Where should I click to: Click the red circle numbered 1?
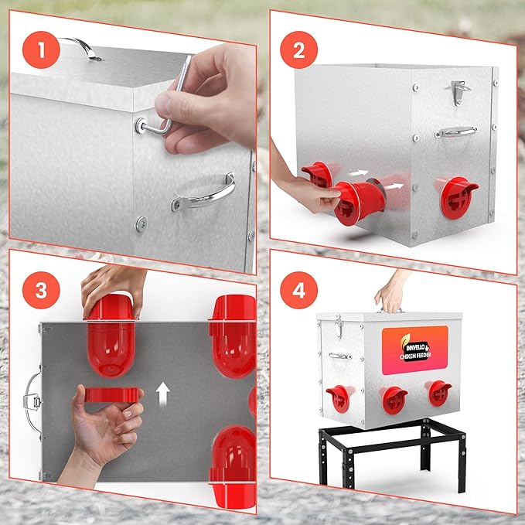41,50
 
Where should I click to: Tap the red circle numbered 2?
298,50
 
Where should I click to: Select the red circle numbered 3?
41,290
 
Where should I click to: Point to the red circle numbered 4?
298,290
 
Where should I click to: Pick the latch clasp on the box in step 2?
458,93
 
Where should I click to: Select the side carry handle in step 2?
456,131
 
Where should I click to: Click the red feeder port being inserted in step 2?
360,202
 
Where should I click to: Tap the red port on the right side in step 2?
458,197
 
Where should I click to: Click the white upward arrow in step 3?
163,394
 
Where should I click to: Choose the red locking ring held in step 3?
111,395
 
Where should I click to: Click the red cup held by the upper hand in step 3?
111,336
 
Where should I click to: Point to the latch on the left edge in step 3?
32,401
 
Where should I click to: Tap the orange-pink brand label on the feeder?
415,350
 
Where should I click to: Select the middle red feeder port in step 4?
394,400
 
